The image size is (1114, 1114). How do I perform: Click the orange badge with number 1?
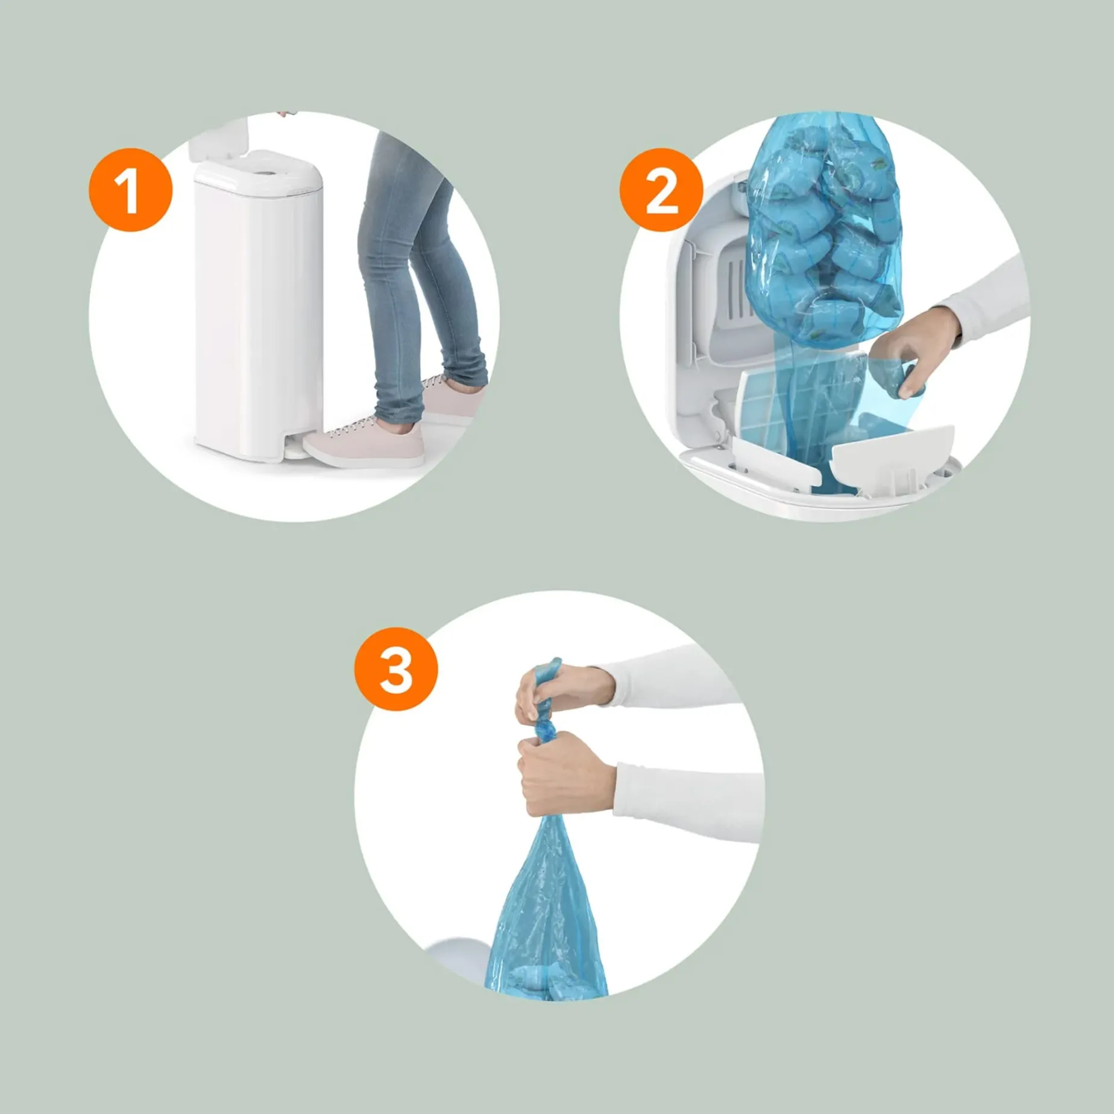tap(131, 190)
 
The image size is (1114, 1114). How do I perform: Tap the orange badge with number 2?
tap(661, 190)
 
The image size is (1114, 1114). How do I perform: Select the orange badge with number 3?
tap(396, 669)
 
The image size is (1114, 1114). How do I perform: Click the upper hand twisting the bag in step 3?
tap(561, 693)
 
